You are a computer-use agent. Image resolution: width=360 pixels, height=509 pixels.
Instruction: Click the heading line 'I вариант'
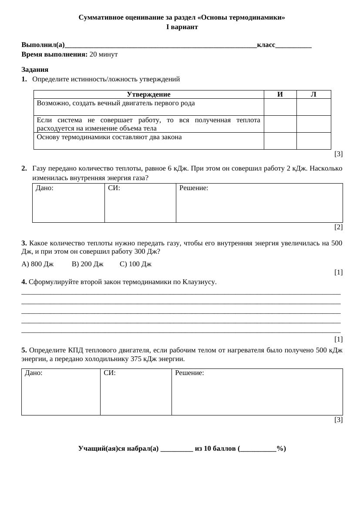point(182,27)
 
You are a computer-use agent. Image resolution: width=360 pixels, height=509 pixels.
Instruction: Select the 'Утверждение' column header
point(148,94)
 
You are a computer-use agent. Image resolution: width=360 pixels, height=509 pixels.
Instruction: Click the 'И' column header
point(280,94)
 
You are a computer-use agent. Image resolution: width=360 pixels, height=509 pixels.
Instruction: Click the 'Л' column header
point(313,94)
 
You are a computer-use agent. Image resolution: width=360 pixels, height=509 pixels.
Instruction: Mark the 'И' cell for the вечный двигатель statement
point(280,107)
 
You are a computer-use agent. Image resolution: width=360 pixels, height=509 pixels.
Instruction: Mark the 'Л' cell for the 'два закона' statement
point(313,141)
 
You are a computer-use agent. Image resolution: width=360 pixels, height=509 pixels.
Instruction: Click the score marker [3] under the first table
point(338,154)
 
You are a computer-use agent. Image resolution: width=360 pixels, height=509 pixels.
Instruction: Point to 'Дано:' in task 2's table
point(45,188)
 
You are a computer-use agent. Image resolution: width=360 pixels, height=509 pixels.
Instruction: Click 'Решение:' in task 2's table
point(194,188)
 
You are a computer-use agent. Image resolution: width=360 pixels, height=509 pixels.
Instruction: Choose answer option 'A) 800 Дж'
point(37,264)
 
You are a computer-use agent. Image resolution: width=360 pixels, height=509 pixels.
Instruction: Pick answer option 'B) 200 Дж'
point(87,264)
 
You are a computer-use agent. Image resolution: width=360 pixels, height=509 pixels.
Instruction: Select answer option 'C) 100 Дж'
point(135,264)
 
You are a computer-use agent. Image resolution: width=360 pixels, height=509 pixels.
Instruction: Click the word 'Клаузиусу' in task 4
point(200,282)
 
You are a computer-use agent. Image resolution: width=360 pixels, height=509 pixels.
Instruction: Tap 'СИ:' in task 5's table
point(110,373)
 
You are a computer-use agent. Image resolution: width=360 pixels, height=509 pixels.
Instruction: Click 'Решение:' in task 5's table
point(189,373)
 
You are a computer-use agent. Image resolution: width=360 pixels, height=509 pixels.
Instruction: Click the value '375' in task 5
point(137,359)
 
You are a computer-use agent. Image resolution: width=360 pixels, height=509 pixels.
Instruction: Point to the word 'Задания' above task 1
point(35,70)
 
